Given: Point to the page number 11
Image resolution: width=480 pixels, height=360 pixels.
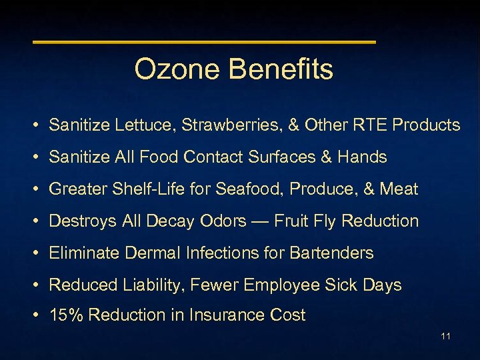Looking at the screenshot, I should (445, 336).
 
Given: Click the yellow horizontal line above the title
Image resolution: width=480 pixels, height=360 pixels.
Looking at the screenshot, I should (204, 42).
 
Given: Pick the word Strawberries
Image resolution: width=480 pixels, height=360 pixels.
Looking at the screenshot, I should (228, 125).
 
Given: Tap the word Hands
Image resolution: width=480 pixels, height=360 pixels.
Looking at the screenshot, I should (362, 157).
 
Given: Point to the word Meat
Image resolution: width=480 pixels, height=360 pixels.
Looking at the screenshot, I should (399, 189).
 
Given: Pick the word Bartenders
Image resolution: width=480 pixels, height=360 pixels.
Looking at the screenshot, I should (331, 253).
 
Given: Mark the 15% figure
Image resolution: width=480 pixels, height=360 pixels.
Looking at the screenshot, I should (66, 315).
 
